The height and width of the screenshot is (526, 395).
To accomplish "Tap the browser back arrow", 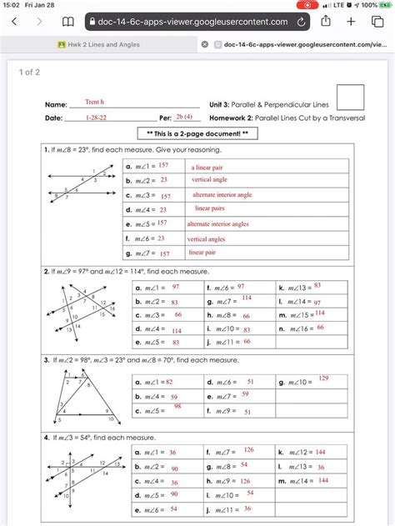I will [x=14, y=22].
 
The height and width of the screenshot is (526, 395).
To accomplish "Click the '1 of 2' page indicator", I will [x=30, y=73].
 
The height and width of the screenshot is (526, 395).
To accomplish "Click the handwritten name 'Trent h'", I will [x=94, y=103].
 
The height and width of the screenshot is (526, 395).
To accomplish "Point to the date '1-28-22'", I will [x=97, y=118].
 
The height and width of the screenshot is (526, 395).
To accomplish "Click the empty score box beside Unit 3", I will [x=350, y=97].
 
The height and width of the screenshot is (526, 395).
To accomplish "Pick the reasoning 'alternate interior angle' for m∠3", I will [x=222, y=195].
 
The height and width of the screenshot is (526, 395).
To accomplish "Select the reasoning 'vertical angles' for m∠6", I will [x=207, y=238].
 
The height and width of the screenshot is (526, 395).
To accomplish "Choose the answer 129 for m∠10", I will [x=323, y=378].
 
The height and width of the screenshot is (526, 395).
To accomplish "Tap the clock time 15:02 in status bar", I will [x=12, y=5].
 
